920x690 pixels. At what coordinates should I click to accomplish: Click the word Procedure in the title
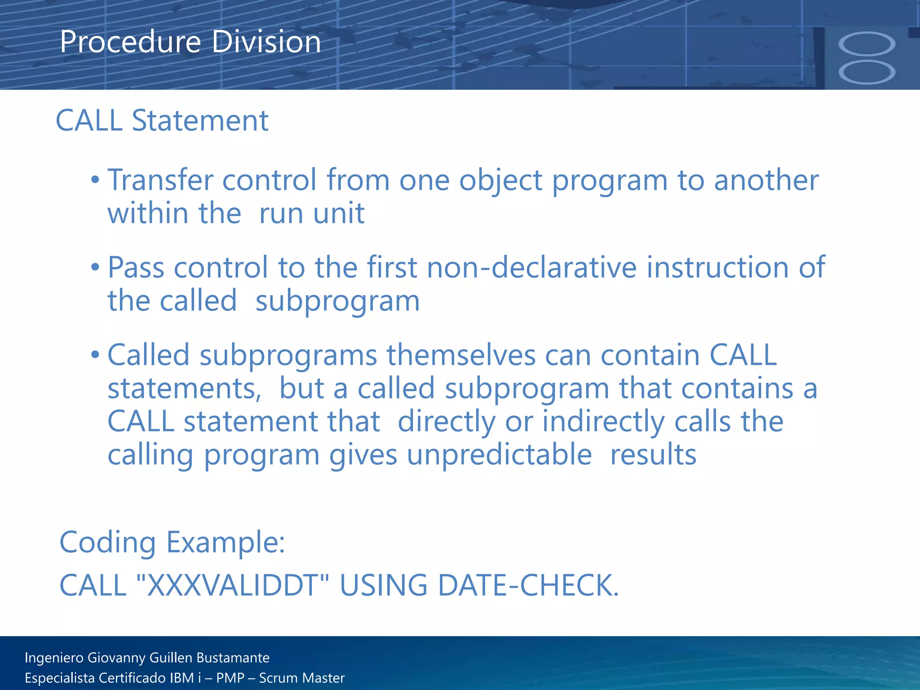coord(130,42)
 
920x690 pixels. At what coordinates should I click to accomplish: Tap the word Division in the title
coord(266,42)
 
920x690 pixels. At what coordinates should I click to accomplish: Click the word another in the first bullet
coord(766,180)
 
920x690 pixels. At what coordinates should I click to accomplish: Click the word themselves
coord(461,355)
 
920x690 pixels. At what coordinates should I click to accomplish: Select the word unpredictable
coord(499,455)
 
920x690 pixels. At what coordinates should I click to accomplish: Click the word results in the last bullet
coord(653,455)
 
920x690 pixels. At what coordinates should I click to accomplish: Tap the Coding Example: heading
coord(172,542)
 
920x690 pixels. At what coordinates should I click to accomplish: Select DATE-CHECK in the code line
coord(528,585)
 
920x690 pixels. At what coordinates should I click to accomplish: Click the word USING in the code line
coord(383,585)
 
